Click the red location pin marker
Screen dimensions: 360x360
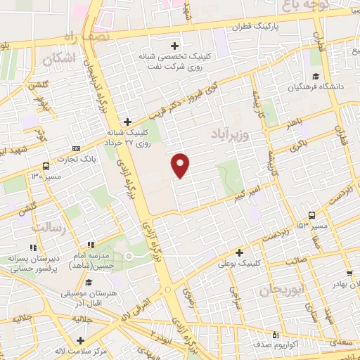click(x=181, y=165)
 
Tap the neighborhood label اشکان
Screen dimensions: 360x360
click(x=59, y=60)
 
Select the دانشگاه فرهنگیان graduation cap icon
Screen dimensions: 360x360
click(x=316, y=77)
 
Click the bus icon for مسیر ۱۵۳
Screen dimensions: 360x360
click(x=311, y=216)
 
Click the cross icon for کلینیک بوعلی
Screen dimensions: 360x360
click(x=240, y=252)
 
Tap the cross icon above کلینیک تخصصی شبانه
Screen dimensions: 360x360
click(x=175, y=46)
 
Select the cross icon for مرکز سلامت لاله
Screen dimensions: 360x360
click(x=62, y=338)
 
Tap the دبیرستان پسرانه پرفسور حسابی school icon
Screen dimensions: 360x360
click(x=32, y=247)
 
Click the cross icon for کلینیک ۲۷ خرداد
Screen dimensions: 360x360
click(x=127, y=121)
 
